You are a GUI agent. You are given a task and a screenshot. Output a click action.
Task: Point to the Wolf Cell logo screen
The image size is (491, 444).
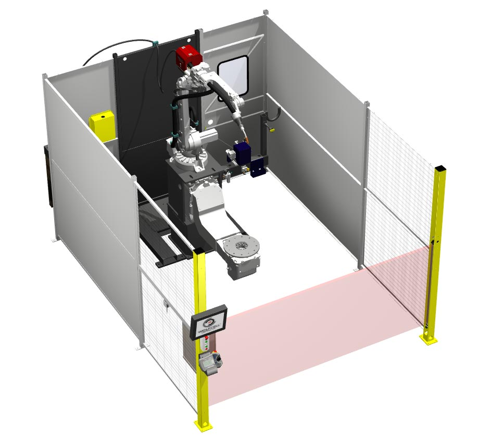point(209,320)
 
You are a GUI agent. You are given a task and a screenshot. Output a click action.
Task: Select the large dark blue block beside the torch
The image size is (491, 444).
point(242,153)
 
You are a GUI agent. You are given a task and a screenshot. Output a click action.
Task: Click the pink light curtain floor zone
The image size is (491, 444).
point(312,323)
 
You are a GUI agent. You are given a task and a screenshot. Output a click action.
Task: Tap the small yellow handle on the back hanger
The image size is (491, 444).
point(272,130)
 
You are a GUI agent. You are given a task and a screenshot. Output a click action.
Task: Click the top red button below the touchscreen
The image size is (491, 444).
point(207,339)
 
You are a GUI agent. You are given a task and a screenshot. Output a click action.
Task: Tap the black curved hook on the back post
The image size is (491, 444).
point(275,112)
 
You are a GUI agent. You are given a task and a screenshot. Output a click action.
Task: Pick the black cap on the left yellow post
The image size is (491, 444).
point(198,253)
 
